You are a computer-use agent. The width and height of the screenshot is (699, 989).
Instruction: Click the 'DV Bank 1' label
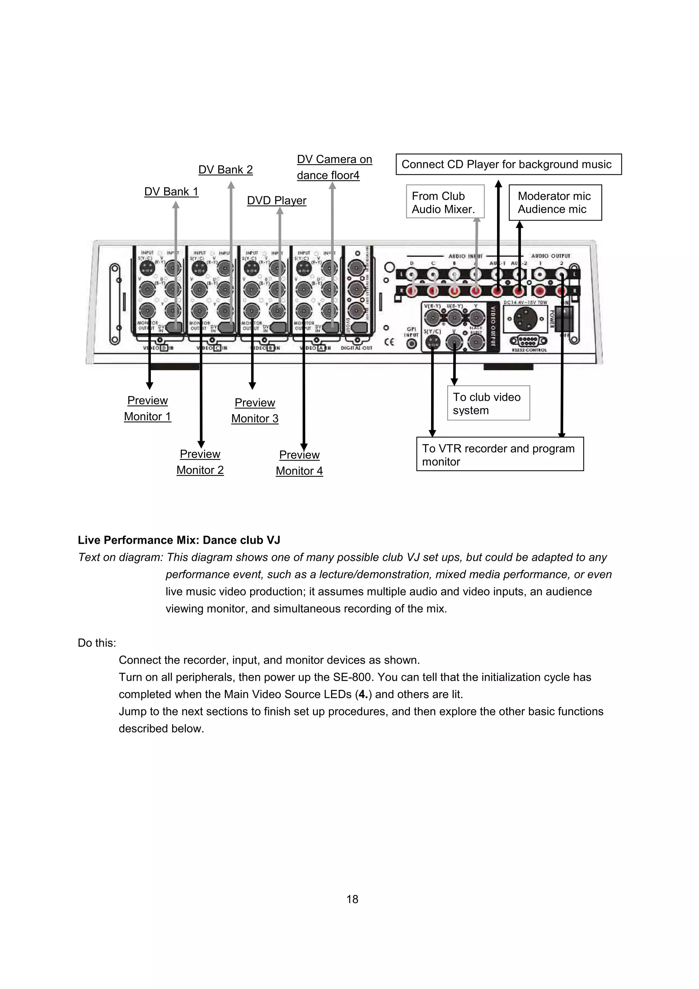(171, 192)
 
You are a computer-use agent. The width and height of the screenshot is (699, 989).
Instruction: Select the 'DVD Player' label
(276, 201)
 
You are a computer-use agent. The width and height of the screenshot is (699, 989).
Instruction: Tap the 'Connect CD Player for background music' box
(508, 164)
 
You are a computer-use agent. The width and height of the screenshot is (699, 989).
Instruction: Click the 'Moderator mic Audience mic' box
(555, 202)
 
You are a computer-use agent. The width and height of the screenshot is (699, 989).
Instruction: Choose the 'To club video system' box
(488, 403)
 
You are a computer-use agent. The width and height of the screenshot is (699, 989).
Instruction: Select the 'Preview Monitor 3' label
(255, 410)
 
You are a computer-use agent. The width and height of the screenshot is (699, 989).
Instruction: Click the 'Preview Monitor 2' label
(200, 462)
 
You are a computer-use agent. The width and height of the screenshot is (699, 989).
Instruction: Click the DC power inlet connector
(525, 319)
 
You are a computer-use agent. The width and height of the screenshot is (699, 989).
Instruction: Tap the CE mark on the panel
(389, 342)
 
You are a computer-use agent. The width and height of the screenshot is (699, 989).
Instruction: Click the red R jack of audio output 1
(540, 292)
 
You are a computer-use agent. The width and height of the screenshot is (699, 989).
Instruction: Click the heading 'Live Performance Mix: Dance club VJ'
(179, 540)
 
